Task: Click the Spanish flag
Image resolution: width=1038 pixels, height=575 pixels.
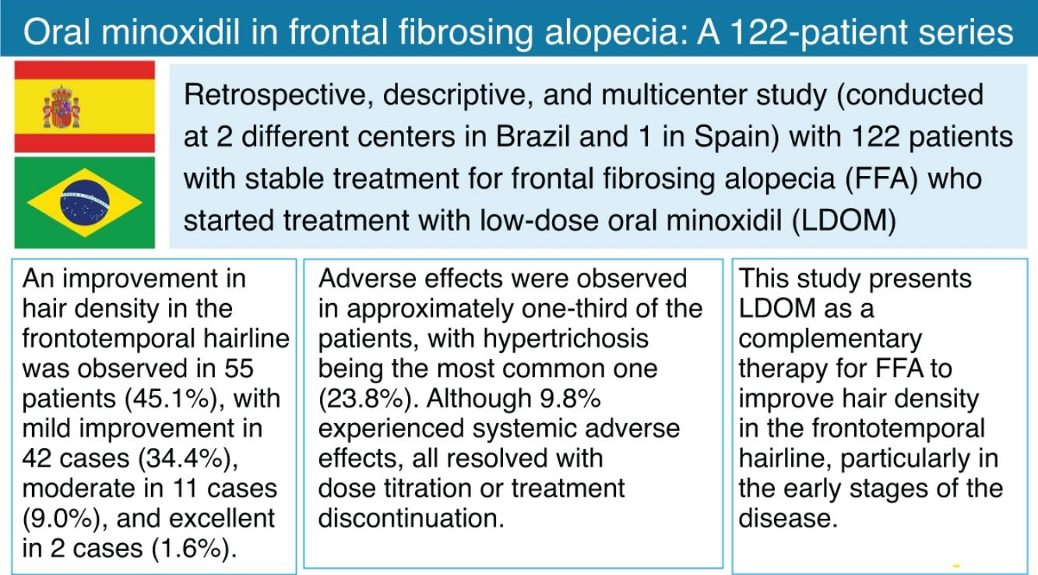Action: tap(85, 107)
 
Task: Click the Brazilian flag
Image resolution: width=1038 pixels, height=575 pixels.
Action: tap(85, 203)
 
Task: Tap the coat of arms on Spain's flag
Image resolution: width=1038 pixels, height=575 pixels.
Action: tap(62, 107)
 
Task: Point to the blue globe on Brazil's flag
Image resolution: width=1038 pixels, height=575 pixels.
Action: tap(85, 203)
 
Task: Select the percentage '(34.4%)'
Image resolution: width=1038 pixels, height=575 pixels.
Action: tap(188, 459)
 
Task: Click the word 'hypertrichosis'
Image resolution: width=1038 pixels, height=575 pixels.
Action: tap(566, 339)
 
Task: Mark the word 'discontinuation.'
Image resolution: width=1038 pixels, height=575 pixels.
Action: tap(411, 518)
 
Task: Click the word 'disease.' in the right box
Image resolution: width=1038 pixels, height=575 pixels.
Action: tap(788, 518)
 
